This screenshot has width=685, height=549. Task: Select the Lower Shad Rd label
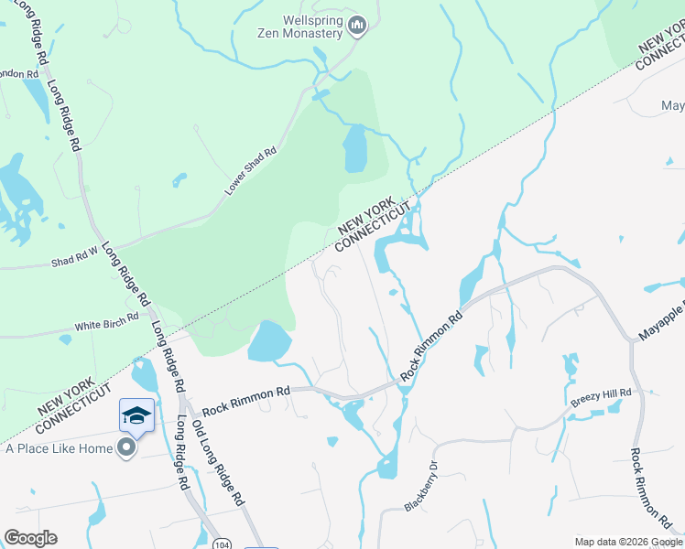(251, 172)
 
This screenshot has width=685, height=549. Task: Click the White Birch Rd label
(106, 323)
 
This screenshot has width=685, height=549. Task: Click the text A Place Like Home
(60, 448)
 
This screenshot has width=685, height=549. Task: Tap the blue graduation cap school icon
(136, 415)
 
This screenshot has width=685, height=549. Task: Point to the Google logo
(30, 538)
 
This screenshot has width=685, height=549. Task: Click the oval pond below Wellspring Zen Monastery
(355, 148)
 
